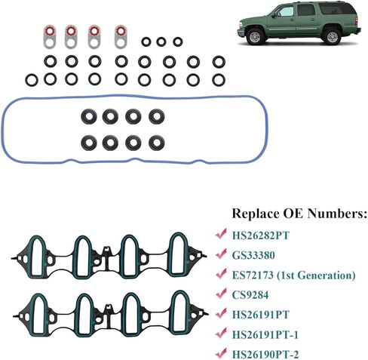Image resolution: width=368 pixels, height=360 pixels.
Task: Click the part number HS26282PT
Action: pyautogui.click(x=261, y=235)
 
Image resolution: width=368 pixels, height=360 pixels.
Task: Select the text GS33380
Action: pyautogui.click(x=253, y=255)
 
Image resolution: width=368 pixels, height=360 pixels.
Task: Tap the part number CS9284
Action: pyautogui.click(x=250, y=295)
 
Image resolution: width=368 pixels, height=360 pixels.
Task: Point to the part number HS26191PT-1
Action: pyautogui.click(x=265, y=334)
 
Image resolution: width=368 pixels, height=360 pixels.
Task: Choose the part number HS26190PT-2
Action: pyautogui.click(x=265, y=355)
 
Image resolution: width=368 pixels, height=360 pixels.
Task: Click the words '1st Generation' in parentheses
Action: pyautogui.click(x=316, y=275)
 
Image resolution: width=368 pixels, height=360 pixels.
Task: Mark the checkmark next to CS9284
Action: pyautogui.click(x=221, y=294)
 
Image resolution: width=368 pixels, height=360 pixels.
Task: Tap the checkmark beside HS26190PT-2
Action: pyautogui.click(x=221, y=353)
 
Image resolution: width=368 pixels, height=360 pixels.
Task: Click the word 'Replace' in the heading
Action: pyautogui.click(x=256, y=214)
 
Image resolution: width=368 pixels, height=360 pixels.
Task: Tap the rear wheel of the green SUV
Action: pyautogui.click(x=333, y=36)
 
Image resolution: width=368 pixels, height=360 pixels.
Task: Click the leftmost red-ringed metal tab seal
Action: pyautogui.click(x=50, y=36)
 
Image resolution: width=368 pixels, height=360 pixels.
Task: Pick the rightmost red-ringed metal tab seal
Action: pyautogui.click(x=121, y=36)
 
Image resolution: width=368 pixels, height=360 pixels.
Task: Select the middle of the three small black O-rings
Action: pyautogui.click(x=161, y=42)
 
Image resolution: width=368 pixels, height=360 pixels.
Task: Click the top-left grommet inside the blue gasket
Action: pyautogui.click(x=89, y=116)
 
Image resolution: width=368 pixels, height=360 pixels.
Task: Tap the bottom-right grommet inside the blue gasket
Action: pyautogui.click(x=157, y=143)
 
